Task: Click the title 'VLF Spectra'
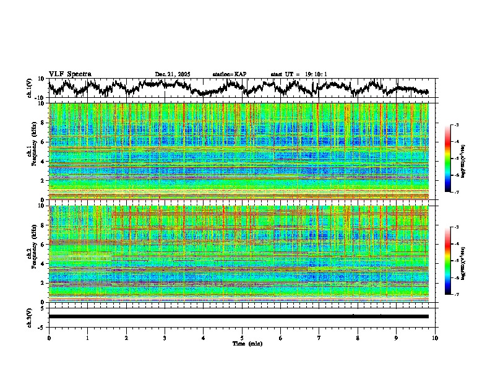[70, 74]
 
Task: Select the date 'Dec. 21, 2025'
[173, 74]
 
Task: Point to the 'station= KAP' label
[229, 74]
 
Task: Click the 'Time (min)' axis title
[246, 343]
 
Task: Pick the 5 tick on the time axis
[242, 338]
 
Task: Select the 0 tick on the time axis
[49, 338]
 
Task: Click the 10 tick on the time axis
[435, 338]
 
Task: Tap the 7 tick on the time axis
[319, 338]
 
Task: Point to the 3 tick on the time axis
[165, 338]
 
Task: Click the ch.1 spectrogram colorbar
[457, 159]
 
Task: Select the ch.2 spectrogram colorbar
[457, 261]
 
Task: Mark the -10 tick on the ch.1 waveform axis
[40, 98]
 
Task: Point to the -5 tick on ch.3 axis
[42, 326]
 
